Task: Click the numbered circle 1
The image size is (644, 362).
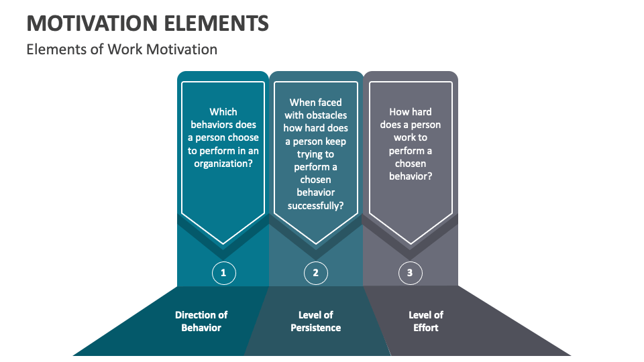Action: point(223,272)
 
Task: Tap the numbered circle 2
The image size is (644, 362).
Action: point(316,272)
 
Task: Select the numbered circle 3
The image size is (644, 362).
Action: point(410,272)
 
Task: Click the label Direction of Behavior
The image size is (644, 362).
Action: point(201,321)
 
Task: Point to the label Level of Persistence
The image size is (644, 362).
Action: point(315,321)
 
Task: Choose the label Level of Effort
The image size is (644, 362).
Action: point(426,321)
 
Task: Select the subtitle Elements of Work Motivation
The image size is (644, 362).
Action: point(121,49)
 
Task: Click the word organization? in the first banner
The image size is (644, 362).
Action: point(223,164)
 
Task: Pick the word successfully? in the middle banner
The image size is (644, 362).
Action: point(316,206)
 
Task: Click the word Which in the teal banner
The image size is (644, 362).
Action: point(223,112)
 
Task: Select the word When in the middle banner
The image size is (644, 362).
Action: point(303,103)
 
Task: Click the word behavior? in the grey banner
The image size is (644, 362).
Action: point(411,176)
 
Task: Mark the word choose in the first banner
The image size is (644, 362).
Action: point(244,137)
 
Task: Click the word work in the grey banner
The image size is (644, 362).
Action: point(411,137)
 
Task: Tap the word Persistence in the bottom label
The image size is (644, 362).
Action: point(315,328)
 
